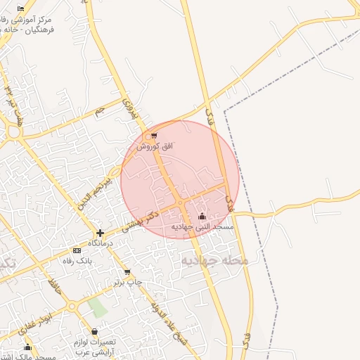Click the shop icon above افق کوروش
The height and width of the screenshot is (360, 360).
[x=154, y=136]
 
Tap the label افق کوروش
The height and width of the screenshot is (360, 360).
[x=154, y=146]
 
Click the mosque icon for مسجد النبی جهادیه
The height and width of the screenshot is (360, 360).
[x=202, y=217]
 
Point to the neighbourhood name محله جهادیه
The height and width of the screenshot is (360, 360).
[x=215, y=260]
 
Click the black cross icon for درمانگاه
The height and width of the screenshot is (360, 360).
[x=101, y=233]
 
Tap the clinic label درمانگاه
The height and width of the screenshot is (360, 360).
[x=101, y=243]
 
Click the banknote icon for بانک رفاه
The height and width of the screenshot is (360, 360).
[x=77, y=250]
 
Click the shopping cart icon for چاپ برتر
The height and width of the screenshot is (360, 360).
[x=127, y=272]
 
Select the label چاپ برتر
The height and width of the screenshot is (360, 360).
[x=129, y=282]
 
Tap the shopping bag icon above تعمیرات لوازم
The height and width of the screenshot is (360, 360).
[x=95, y=332]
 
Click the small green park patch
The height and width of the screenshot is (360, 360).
[x=98, y=307]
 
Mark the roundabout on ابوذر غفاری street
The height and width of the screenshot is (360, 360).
[x=72, y=306]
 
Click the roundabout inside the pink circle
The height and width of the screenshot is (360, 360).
[x=181, y=202]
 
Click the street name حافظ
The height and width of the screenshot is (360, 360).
[x=52, y=286]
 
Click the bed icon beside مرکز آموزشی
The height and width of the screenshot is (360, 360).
[x=20, y=8]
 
